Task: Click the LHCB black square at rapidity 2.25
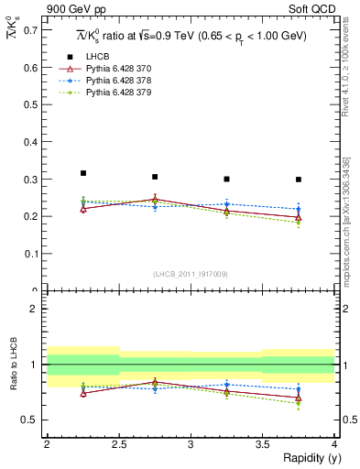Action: point(82,173)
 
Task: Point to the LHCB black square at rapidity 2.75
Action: point(155,177)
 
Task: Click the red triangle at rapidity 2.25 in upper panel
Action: point(82,209)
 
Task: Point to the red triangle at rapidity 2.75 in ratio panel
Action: point(155,382)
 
